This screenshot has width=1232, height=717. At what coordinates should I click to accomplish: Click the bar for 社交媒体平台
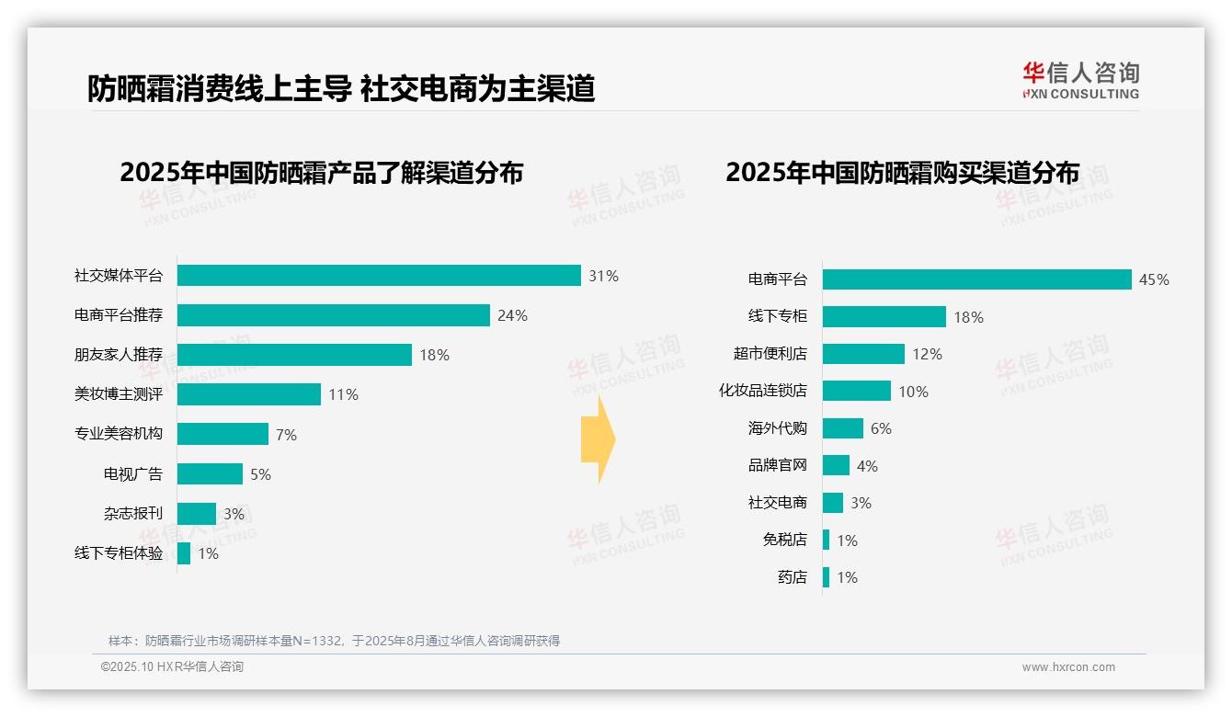pos(379,276)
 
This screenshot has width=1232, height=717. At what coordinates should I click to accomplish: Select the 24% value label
pos(512,315)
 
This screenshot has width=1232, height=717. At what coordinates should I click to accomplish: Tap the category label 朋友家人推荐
pos(119,355)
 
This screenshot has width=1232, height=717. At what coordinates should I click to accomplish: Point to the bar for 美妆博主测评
pos(249,394)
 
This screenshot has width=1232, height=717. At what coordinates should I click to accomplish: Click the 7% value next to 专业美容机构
pos(286,435)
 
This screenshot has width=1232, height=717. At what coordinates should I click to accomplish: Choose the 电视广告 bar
pos(210,474)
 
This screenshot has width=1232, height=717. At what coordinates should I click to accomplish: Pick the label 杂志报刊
pos(133,514)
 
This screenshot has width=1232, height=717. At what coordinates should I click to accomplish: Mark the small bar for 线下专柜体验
pos(184,553)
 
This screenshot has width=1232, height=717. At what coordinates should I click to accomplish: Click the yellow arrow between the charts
pos(598,439)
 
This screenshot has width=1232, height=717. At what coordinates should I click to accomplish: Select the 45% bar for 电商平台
pos(976,279)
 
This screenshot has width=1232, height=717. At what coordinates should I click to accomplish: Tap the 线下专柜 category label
pos(778,316)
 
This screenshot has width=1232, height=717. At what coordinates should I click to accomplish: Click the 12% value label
pos(927,354)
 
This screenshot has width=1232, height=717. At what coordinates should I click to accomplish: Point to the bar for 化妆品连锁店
pos(857,391)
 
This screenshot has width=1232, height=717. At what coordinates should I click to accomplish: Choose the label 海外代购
pos(778,428)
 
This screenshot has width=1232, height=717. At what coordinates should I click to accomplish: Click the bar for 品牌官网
pos(836,465)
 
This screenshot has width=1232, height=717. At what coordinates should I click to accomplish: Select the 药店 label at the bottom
pos(793,577)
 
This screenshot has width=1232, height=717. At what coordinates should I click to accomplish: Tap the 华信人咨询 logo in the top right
pos(1080,80)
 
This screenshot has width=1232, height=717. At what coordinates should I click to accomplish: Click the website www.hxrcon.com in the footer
pos(1068,667)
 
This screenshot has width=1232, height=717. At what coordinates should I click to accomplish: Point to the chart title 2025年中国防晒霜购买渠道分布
pos(902,173)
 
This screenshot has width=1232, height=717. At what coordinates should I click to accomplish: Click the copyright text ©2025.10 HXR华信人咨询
pos(172,667)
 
